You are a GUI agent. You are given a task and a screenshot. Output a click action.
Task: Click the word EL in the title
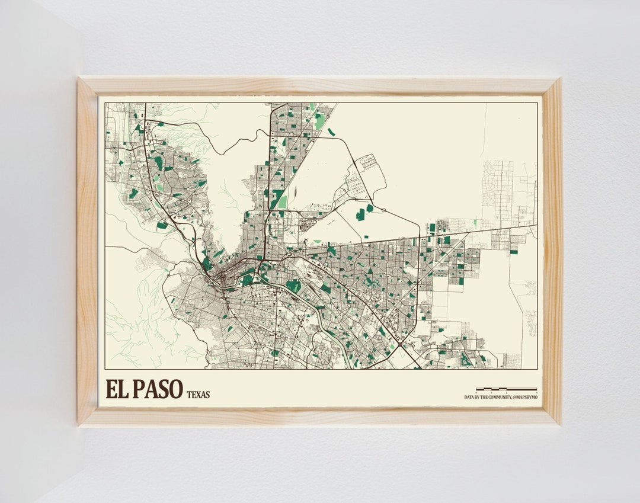point(117,389)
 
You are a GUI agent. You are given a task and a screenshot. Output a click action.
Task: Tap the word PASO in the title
point(157,389)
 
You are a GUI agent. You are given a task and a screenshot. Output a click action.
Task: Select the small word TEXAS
point(198,395)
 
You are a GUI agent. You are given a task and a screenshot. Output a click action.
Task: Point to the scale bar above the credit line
point(514,390)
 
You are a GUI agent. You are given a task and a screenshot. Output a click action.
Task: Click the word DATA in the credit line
point(469,397)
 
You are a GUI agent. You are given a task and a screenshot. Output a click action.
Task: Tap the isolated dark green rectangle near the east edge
point(514,252)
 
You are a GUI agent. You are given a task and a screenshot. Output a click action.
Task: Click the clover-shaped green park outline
point(466,359)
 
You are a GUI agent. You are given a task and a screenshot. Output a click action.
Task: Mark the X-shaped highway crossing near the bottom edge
point(401,343)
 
